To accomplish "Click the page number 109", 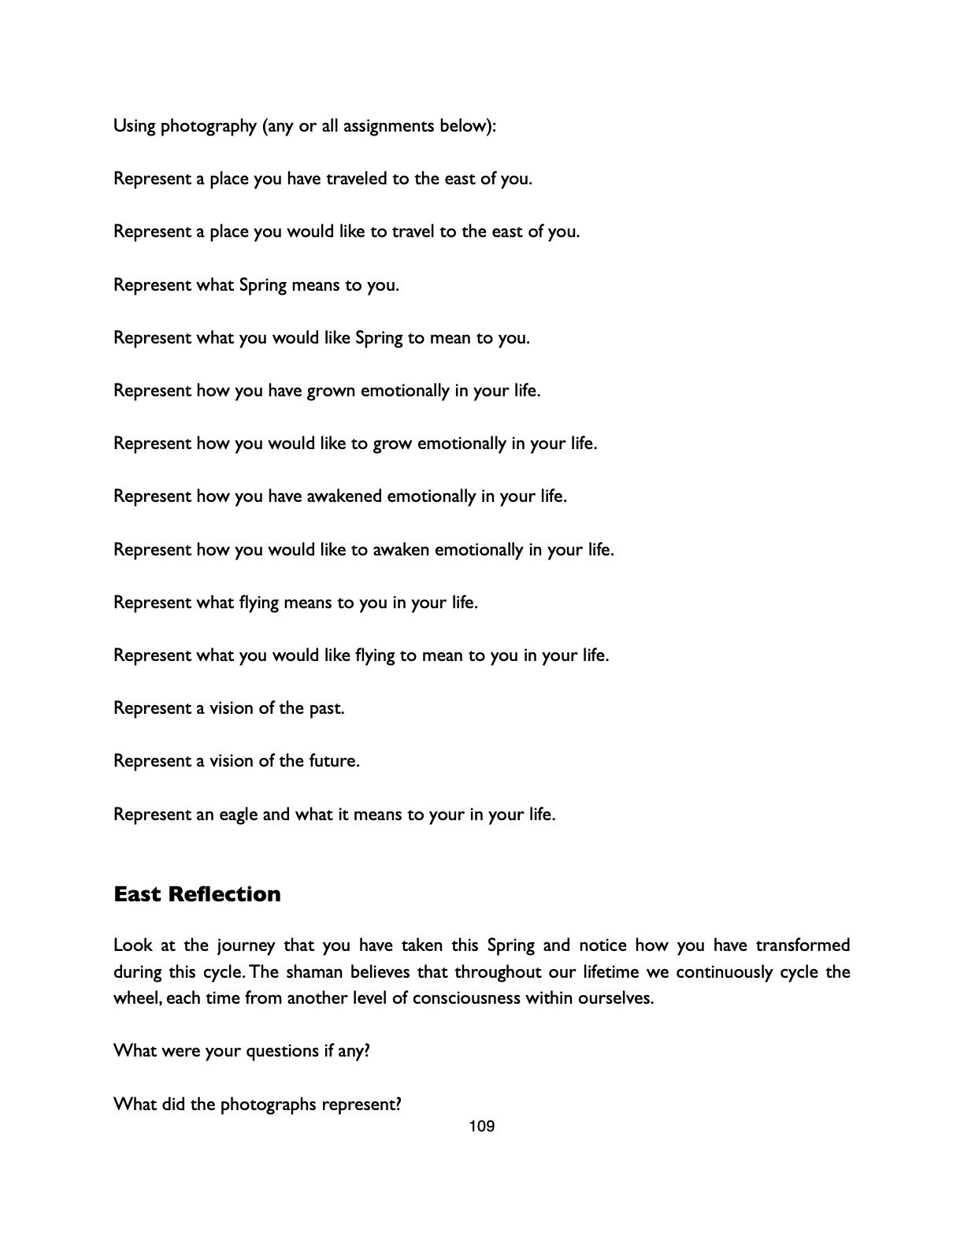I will point(481,1127).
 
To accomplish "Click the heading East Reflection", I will point(197,894).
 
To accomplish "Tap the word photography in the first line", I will point(209,126).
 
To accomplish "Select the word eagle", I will point(239,814).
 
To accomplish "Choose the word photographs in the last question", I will point(267,1104).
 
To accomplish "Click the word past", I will point(327,708).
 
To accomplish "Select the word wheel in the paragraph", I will point(137,998).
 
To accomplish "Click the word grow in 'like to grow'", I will point(391,444).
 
